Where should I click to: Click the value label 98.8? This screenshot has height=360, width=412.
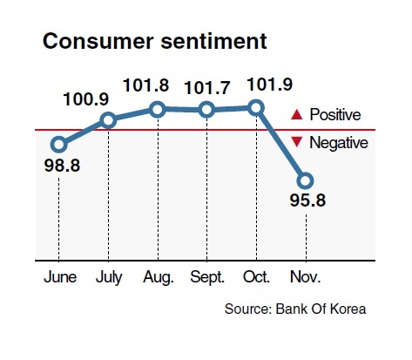(x=62, y=166)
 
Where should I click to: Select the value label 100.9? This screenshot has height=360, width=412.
(x=86, y=98)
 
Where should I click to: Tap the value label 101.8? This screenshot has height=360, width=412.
(x=145, y=85)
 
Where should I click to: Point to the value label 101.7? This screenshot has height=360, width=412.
(x=207, y=87)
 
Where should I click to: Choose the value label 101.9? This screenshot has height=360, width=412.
(x=270, y=85)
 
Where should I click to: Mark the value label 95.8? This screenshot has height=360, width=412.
(x=307, y=200)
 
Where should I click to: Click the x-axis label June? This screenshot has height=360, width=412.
(x=60, y=277)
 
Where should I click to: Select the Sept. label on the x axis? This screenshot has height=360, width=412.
(x=207, y=277)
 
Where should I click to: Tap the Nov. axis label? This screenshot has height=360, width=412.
(x=305, y=277)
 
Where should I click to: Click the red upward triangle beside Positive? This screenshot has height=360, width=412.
(x=297, y=115)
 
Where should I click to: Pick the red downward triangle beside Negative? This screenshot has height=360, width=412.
(x=297, y=142)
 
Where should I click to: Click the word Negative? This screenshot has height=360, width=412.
(x=339, y=143)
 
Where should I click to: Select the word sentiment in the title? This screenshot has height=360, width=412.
(x=213, y=41)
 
